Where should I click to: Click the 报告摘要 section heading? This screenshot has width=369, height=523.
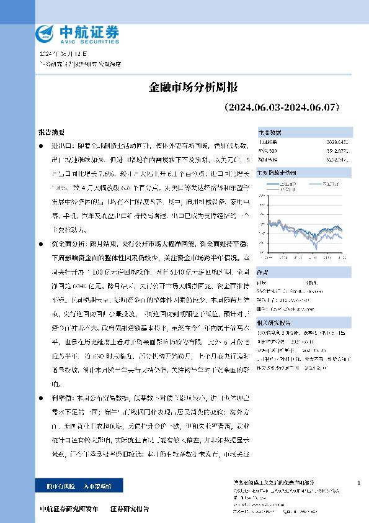pos(50,133)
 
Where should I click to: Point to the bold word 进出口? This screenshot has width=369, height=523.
pos(60,145)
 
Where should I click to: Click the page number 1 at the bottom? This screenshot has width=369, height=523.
pos(358,483)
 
